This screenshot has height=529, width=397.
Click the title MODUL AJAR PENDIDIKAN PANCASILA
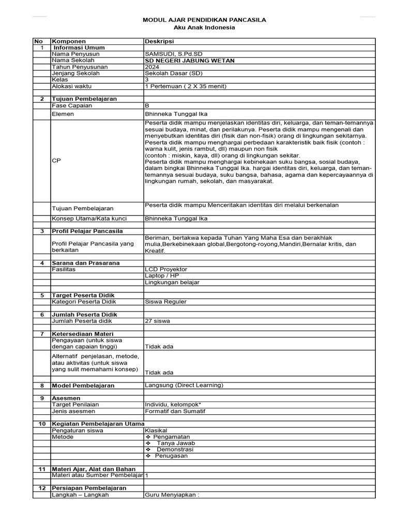(x=204, y=20)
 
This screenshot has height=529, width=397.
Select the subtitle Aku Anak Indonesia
(x=204, y=27)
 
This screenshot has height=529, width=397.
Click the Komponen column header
(x=68, y=41)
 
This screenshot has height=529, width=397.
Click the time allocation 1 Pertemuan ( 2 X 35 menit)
(x=186, y=86)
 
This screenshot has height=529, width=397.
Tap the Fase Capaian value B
(x=147, y=105)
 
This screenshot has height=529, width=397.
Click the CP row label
(x=56, y=161)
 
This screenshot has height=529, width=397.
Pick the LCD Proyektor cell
(x=166, y=269)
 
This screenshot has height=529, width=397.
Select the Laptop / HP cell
(x=162, y=276)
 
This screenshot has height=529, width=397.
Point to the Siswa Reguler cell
(x=165, y=302)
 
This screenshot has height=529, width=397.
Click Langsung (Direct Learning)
(x=184, y=385)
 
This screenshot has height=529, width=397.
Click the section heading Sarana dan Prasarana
(x=85, y=263)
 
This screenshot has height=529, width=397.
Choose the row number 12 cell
(x=41, y=488)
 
